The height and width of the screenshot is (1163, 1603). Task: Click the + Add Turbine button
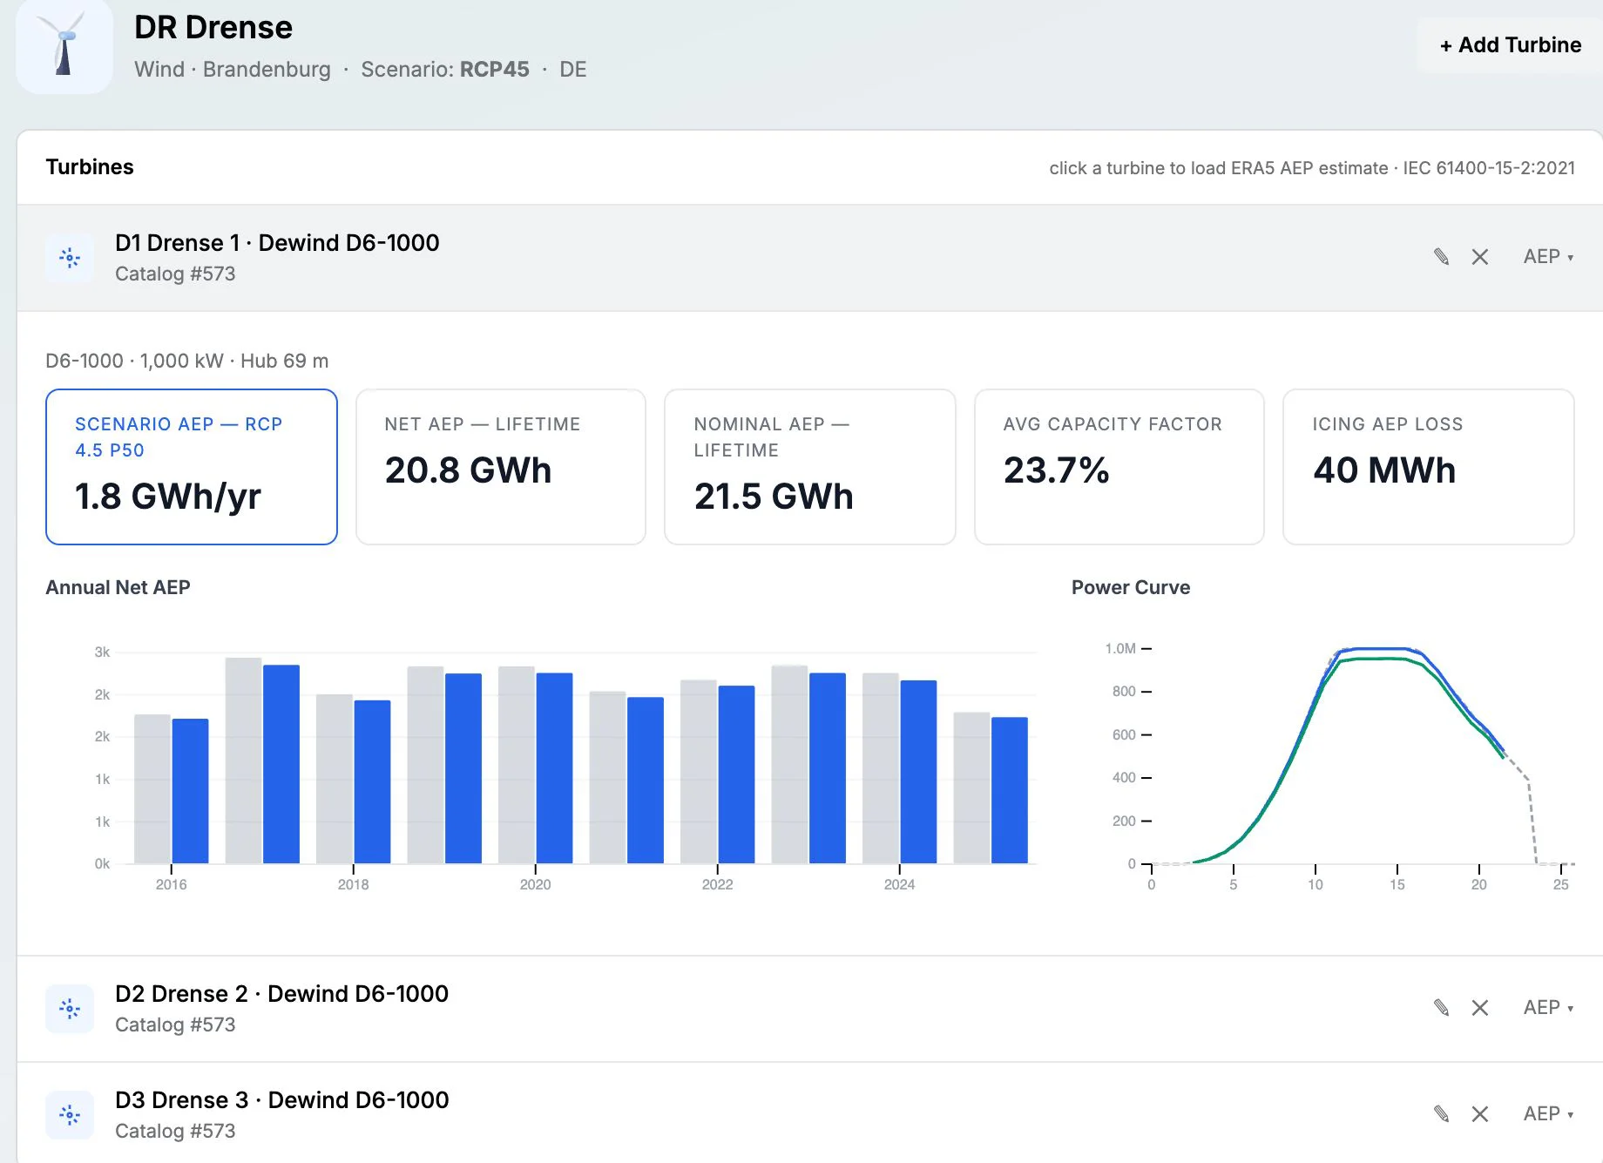coord(1510,45)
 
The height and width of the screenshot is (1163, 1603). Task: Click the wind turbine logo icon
coord(64,45)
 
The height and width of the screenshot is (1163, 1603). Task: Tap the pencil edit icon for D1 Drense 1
coord(1441,257)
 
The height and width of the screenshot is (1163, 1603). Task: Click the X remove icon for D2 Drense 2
coord(1479,1008)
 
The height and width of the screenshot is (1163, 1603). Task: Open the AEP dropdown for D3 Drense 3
coord(1548,1113)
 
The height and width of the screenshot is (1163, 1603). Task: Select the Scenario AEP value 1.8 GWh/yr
coord(168,497)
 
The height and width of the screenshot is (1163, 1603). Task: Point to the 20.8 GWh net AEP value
coord(468,470)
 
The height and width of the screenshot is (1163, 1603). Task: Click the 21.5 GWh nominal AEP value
coord(774,497)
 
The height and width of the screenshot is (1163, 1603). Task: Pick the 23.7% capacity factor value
coord(1056,470)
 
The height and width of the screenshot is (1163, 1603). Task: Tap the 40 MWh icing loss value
coord(1384,470)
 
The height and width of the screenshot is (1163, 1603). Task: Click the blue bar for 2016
coord(190,791)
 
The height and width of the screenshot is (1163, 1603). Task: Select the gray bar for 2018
coord(335,779)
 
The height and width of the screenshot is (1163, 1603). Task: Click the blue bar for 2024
coord(918,772)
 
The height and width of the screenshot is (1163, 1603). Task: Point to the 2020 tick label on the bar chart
coord(535,884)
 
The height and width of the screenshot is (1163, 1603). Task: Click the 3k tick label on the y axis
coord(102,652)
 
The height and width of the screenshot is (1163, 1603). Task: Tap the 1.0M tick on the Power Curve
coord(1120,649)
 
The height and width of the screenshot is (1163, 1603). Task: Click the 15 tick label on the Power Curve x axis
coord(1397,884)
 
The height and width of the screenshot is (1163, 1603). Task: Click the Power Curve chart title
coord(1131,587)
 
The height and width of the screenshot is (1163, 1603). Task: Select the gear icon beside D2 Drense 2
coord(70,1009)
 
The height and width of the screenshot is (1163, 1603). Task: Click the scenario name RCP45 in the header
coord(494,69)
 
